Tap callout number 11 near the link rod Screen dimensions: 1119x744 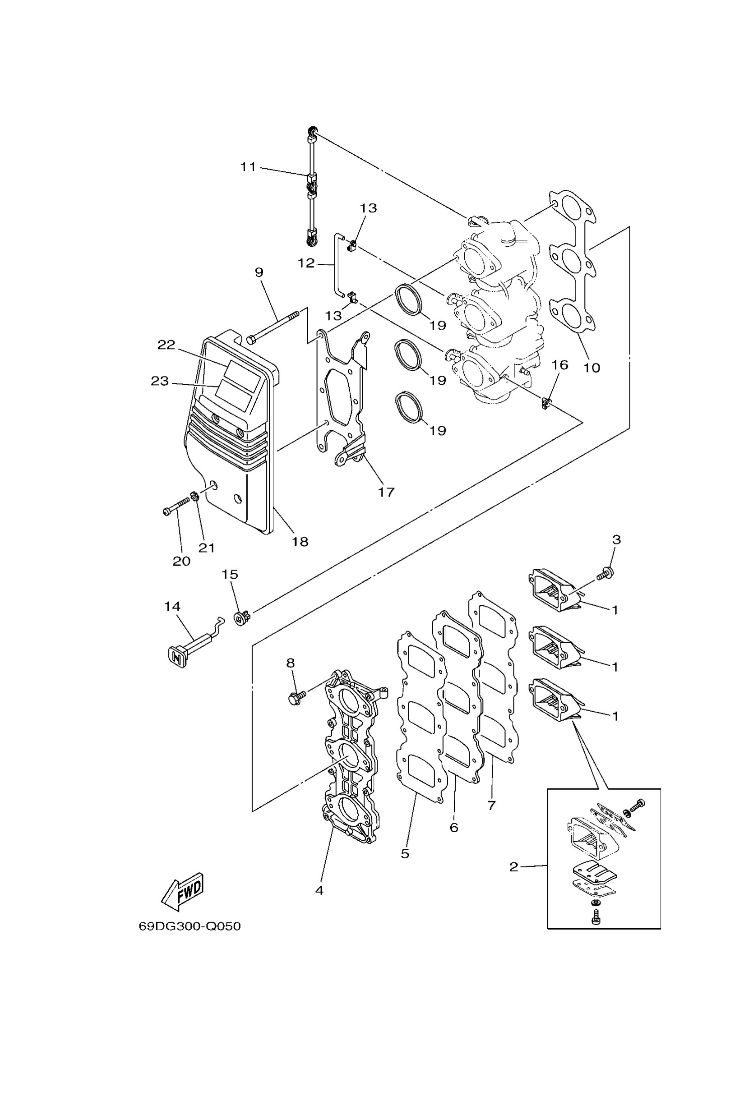(248, 167)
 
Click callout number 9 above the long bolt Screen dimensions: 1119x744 (259, 272)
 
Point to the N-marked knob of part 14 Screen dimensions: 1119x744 (176, 658)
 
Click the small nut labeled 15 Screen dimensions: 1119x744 (242, 618)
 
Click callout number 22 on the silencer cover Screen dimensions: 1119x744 (166, 345)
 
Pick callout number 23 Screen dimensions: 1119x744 (160, 381)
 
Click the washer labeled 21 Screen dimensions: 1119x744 (194, 497)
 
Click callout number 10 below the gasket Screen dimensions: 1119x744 (592, 368)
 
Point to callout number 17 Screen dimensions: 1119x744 (386, 492)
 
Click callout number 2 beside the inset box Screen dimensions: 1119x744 (514, 867)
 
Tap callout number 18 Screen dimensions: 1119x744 (300, 541)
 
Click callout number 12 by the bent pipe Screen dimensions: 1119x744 (306, 263)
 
